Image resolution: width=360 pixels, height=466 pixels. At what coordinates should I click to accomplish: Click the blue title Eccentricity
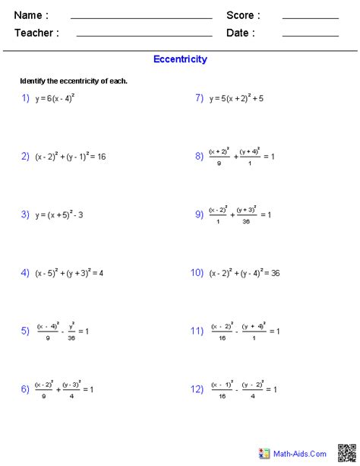click(180, 59)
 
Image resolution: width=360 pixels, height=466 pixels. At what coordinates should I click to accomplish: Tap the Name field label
click(31, 15)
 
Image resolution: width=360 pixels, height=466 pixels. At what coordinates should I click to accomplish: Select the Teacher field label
click(36, 33)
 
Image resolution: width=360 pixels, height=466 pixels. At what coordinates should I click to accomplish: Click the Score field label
click(243, 15)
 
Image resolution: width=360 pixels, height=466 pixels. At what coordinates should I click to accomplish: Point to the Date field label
click(240, 33)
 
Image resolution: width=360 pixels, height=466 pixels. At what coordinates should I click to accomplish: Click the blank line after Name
click(141, 17)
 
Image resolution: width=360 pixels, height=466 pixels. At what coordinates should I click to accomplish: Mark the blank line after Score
click(310, 17)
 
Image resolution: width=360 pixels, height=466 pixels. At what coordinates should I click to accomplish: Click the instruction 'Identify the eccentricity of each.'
click(74, 81)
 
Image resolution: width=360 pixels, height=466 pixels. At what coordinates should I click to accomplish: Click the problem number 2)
click(25, 156)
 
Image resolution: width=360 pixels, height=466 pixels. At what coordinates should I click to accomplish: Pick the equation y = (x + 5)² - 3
click(59, 215)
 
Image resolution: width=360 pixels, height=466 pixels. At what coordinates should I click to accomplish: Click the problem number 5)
click(25, 331)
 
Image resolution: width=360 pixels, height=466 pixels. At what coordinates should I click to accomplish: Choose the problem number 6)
click(25, 388)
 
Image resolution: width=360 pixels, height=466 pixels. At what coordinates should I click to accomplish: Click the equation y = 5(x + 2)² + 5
click(236, 98)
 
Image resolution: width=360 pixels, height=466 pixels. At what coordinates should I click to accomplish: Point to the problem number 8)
click(199, 156)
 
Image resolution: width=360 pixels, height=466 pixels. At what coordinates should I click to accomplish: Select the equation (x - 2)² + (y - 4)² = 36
click(245, 272)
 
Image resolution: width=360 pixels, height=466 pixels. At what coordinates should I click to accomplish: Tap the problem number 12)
click(197, 388)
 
